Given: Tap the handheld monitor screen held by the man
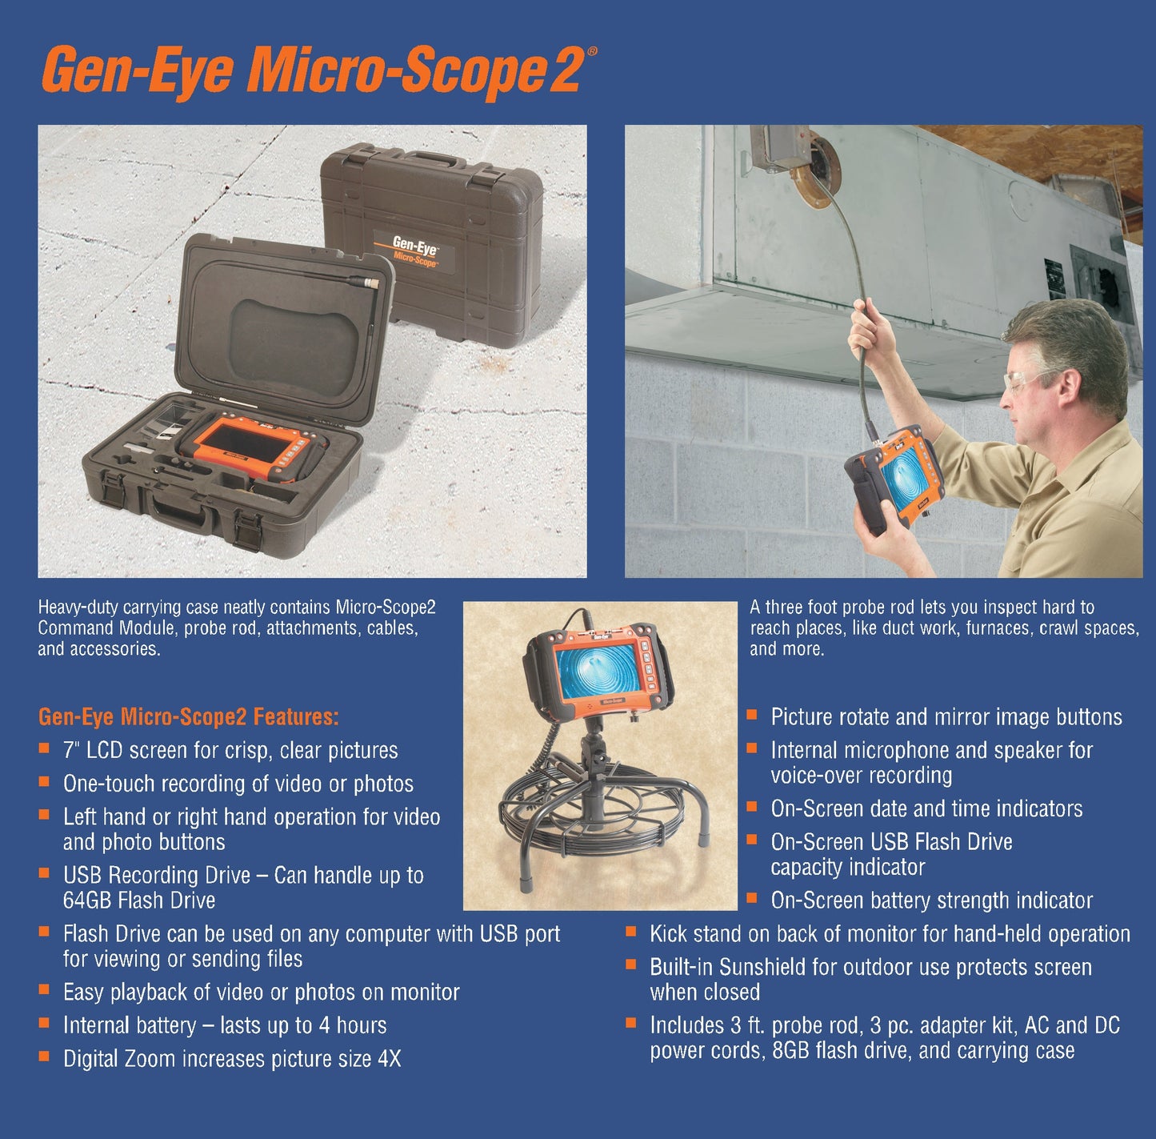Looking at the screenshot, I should pos(902,481).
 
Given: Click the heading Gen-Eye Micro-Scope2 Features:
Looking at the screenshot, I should pos(189,716).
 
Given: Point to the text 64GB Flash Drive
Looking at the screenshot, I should pos(139,900).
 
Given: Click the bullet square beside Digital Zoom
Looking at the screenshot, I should pos(44,1057).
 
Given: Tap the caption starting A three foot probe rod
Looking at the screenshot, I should pos(922,608).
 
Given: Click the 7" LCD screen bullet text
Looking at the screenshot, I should pos(230,751).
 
